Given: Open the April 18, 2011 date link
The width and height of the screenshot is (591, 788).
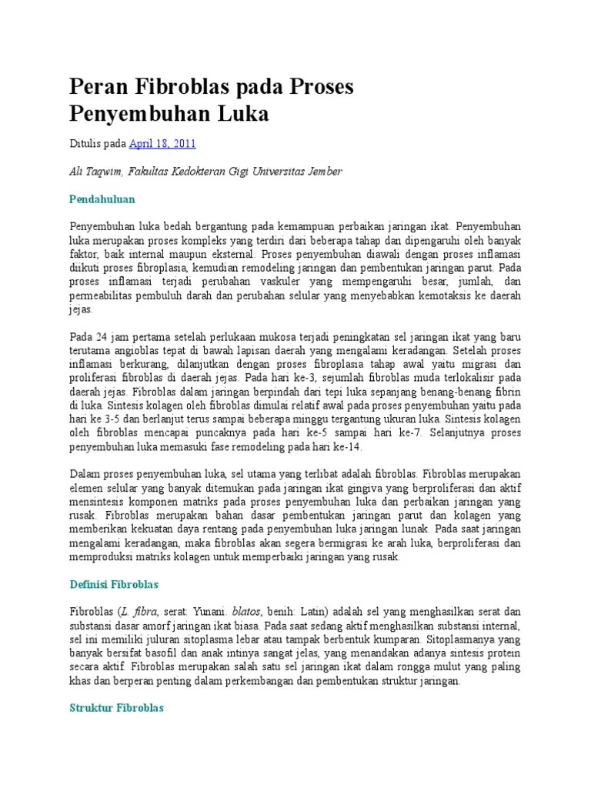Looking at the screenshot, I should [162, 144].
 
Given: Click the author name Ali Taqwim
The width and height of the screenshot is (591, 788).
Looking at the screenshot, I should [97, 172].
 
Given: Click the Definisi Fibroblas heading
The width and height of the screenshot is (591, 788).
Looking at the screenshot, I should [115, 585].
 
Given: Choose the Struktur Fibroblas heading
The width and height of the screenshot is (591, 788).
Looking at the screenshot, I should [117, 708].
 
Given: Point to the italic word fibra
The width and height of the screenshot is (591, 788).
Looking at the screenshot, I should [151, 612].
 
